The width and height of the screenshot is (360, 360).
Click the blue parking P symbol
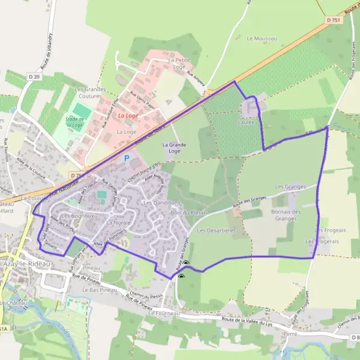click(126, 158)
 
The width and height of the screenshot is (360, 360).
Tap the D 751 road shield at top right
click(334, 20)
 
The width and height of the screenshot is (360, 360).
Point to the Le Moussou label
click(262, 38)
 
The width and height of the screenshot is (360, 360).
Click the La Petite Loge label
click(179, 64)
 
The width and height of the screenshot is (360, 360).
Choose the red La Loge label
click(127, 115)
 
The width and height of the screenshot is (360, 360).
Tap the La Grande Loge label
click(175, 148)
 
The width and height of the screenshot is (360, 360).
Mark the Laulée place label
click(247, 122)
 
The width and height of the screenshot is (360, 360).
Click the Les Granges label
click(287, 187)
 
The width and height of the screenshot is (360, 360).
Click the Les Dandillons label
click(162, 203)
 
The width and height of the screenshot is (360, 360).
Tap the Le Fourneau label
click(161, 313)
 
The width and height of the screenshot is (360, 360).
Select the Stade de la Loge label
click(74, 124)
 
